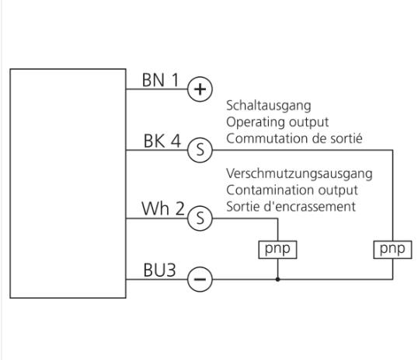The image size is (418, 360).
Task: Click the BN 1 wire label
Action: pos(161,80)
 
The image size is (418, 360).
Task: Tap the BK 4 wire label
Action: pos(162,141)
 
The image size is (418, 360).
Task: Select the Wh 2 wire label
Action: pos(163,208)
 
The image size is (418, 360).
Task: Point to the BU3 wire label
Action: pos(159,270)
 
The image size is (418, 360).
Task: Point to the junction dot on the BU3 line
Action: pos(277,279)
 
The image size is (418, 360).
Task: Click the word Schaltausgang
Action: pos(269,106)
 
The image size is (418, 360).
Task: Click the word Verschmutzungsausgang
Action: pos(299,173)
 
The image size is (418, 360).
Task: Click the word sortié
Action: pos(347,138)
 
